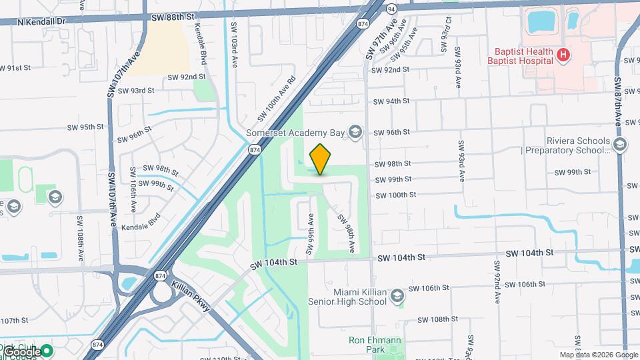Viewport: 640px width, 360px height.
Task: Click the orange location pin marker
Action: tap(321, 159)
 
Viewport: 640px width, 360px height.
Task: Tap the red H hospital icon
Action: tap(563, 55)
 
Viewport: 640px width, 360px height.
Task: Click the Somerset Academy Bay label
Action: tap(295, 132)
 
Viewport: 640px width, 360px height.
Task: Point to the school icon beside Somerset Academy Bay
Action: tap(355, 132)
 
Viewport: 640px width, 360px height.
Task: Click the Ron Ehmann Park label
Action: tap(375, 345)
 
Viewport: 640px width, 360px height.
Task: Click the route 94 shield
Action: tap(391, 8)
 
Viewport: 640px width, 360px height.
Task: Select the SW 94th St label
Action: tap(391, 101)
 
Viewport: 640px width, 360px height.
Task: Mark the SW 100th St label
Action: tap(396, 195)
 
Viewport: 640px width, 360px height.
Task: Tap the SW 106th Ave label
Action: tap(133, 189)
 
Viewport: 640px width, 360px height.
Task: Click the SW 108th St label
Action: tap(430, 319)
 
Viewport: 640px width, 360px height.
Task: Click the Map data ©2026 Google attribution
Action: tap(599, 355)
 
